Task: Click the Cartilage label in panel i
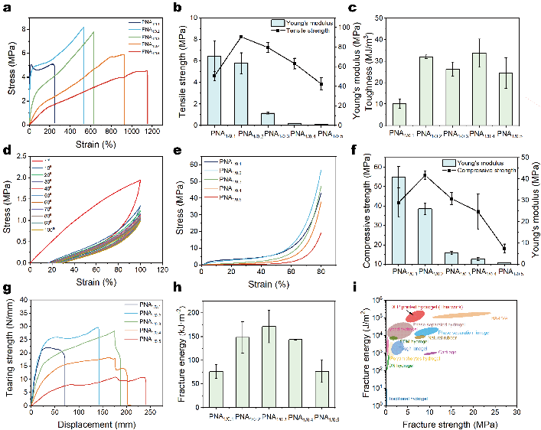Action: pyautogui.click(x=449, y=352)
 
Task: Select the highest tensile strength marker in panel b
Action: pyautogui.click(x=241, y=37)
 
